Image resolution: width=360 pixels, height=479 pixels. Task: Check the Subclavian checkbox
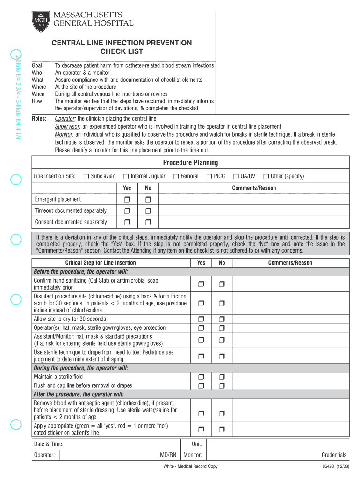86,176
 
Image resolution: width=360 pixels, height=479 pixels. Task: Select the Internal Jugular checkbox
126,176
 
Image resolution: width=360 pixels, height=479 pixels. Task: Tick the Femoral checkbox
176,176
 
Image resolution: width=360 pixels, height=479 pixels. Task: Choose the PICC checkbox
209,176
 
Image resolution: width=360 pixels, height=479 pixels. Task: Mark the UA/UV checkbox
236,176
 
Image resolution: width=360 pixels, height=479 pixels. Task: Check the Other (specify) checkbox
266,176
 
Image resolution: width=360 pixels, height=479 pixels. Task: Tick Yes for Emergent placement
127,200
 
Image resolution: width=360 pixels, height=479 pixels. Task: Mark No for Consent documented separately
148,222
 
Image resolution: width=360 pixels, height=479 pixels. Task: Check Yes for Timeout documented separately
127,211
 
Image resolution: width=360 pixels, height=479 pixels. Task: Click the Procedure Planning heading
190,163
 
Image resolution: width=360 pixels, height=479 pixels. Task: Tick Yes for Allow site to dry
201,319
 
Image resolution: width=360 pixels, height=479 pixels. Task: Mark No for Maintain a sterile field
222,377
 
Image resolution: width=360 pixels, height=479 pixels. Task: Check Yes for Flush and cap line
201,385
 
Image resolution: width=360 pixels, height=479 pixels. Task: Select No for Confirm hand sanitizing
222,284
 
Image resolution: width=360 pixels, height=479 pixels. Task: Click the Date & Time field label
49,444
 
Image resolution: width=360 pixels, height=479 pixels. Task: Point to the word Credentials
334,455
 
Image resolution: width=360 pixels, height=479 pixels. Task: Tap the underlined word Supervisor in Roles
68,126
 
